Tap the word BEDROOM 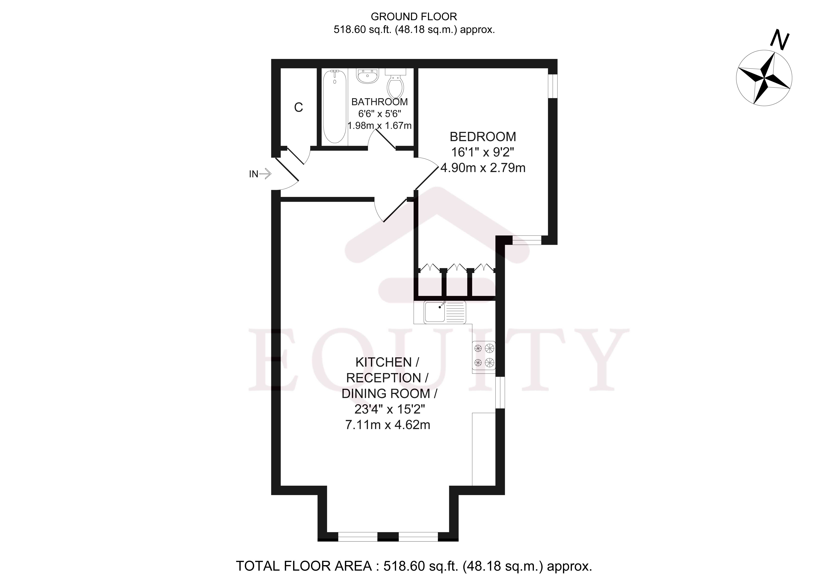[483, 137]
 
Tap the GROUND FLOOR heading [414, 17]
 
